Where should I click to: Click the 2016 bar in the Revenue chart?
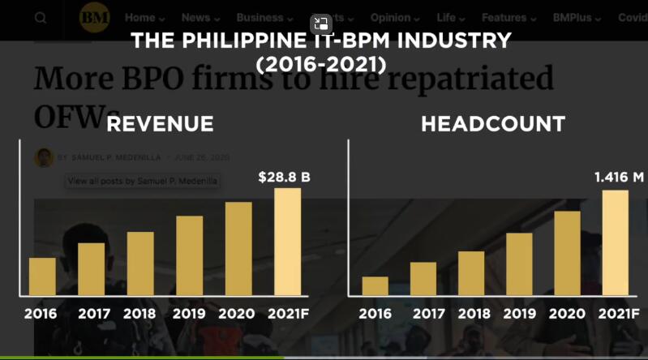pyautogui.click(x=42, y=276)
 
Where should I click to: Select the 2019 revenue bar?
pyautogui.click(x=189, y=255)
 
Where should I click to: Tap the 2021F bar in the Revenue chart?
pyautogui.click(x=287, y=242)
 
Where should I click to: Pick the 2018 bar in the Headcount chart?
pyautogui.click(x=471, y=273)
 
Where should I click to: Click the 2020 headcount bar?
pyautogui.click(x=567, y=253)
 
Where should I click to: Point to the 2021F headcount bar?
pyautogui.click(x=616, y=242)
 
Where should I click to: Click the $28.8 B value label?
pyautogui.click(x=284, y=176)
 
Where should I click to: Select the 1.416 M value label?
pyautogui.click(x=619, y=177)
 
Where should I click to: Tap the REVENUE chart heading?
pyautogui.click(x=160, y=124)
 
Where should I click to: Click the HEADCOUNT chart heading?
pyautogui.click(x=492, y=124)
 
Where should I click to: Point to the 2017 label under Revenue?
pyautogui.click(x=94, y=314)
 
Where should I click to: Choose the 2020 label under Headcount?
pyautogui.click(x=567, y=314)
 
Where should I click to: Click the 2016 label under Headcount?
pyautogui.click(x=375, y=314)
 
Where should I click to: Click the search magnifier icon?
pyautogui.click(x=41, y=17)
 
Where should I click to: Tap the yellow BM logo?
pyautogui.click(x=95, y=17)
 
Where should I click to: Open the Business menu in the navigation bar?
pyautogui.click(x=264, y=17)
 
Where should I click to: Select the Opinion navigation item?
pyautogui.click(x=394, y=17)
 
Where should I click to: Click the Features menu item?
pyautogui.click(x=509, y=17)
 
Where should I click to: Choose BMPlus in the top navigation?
pyautogui.click(x=579, y=17)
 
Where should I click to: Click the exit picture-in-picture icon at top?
pyautogui.click(x=321, y=24)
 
